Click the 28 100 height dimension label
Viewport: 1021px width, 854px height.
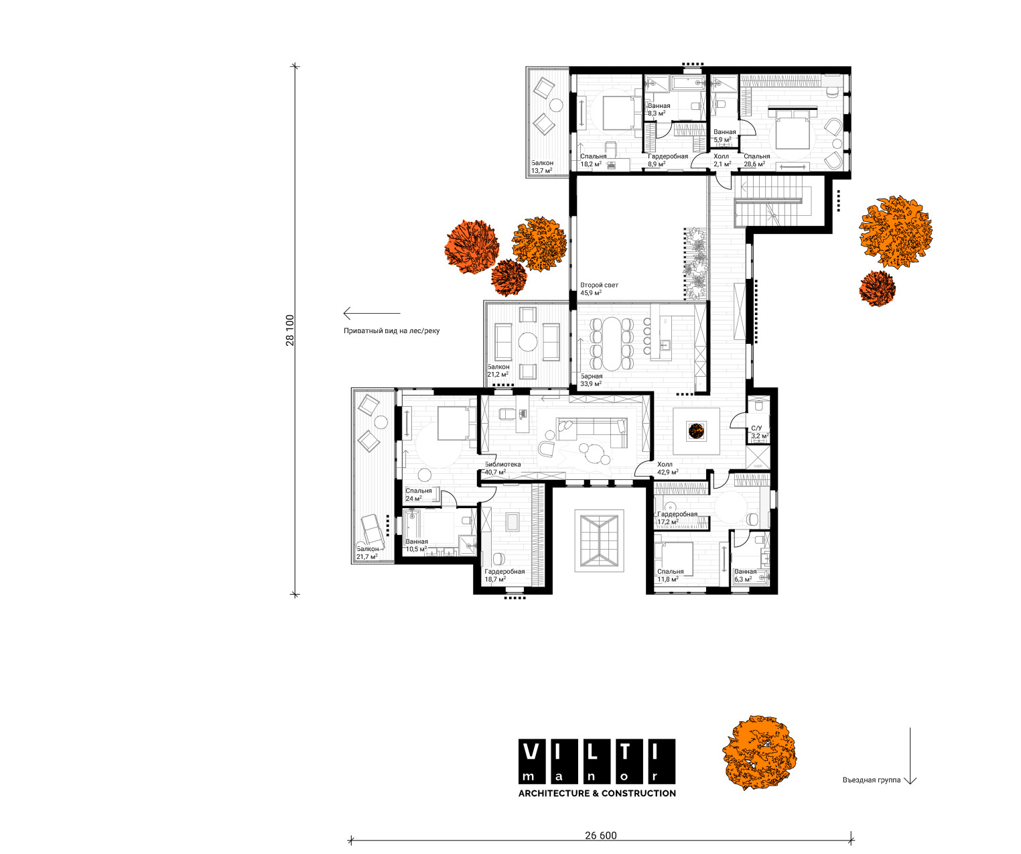[290, 330]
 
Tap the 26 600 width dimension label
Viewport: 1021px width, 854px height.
[600, 835]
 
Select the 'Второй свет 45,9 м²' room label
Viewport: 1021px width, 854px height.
[599, 289]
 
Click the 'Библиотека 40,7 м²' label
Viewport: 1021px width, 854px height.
[502, 469]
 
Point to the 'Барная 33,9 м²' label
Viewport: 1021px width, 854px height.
[591, 380]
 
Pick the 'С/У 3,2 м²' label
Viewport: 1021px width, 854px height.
[760, 432]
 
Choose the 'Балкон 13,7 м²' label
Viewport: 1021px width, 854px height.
[542, 167]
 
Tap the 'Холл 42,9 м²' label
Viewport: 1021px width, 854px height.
[667, 469]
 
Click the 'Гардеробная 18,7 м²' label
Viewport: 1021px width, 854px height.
[504, 576]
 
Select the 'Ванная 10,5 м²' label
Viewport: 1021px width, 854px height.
[417, 545]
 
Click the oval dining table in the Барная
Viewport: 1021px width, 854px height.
[611, 344]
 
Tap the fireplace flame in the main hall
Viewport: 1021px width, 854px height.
[695, 431]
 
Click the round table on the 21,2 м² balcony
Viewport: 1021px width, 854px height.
[528, 342]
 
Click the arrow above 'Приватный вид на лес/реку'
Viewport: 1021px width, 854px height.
[372, 313]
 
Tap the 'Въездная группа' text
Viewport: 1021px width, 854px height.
[872, 780]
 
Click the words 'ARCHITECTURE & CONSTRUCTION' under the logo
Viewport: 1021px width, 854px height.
[597, 793]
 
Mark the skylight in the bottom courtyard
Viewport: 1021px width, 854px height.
[600, 540]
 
